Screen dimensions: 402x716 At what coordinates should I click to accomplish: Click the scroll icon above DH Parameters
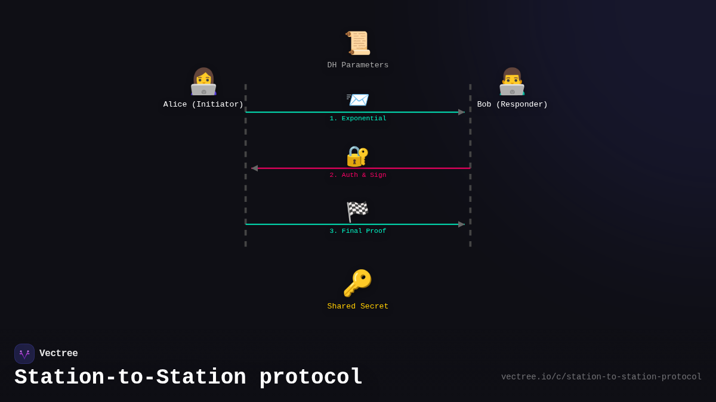(x=358, y=43)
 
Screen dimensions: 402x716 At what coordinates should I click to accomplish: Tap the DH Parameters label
(x=358, y=66)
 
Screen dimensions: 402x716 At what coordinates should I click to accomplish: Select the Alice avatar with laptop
(x=203, y=82)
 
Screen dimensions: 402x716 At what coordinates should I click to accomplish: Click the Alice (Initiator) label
(x=203, y=105)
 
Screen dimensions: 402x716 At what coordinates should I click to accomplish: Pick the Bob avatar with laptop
(x=512, y=82)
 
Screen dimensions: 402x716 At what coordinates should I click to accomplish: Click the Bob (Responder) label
(x=513, y=105)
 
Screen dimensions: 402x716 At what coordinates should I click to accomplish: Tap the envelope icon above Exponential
(x=357, y=99)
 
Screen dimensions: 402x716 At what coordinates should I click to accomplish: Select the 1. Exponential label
(x=358, y=119)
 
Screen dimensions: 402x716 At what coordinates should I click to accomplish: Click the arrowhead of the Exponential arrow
(x=461, y=112)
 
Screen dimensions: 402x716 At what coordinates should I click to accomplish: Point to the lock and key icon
(x=357, y=156)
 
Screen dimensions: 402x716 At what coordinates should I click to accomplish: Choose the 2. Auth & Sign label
(x=358, y=175)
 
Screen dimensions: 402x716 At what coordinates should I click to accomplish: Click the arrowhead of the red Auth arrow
(x=255, y=169)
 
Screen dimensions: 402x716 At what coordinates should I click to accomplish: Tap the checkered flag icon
(x=357, y=211)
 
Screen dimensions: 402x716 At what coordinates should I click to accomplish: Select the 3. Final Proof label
(x=358, y=231)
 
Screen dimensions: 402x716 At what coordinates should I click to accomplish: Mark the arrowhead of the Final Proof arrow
(x=461, y=225)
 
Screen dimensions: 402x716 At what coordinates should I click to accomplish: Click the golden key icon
(x=357, y=283)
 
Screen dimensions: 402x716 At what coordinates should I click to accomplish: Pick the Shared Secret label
(x=358, y=307)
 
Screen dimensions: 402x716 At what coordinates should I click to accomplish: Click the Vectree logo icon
(x=24, y=354)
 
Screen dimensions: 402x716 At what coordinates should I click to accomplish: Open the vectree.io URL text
(x=601, y=377)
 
